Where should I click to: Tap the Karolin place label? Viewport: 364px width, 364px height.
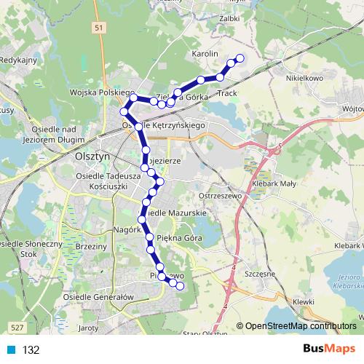tap(206, 55)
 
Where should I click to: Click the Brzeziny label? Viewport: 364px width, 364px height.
tap(90, 248)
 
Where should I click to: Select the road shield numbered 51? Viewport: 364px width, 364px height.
tap(99, 27)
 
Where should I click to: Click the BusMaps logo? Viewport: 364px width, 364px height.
tap(331, 348)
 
